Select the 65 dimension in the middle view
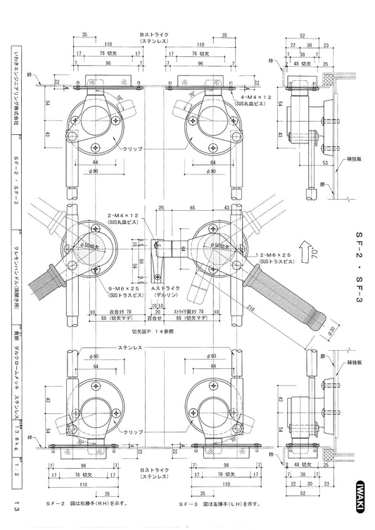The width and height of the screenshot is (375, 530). point(192,209)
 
